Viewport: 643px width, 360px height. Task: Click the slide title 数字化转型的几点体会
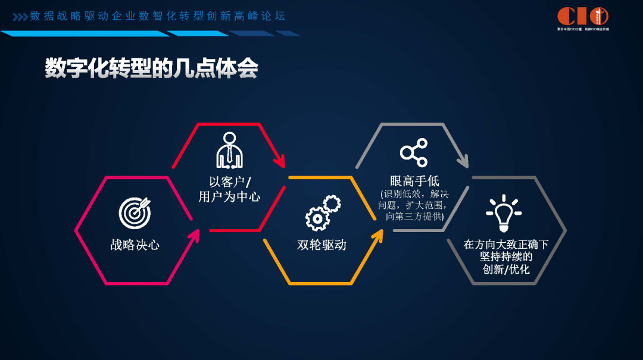coord(151,68)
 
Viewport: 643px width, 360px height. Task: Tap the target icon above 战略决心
coord(135,213)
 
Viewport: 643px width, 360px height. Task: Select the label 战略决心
coord(135,245)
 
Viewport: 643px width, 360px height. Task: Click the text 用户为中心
coord(229,197)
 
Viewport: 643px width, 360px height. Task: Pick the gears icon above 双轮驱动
coord(322,212)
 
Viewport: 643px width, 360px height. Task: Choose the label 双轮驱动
coord(321,245)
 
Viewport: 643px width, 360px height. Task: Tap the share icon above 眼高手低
coord(414,152)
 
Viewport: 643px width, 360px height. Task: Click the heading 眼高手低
coord(414,181)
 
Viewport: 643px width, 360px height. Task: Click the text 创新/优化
coord(506,270)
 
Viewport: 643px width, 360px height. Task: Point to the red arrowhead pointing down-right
coord(278,159)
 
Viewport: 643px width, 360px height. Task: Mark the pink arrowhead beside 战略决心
coord(192,237)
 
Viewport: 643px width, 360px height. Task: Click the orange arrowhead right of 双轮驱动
coord(376,236)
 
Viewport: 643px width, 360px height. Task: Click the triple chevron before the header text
coord(20,17)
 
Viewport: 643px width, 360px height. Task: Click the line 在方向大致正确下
coord(506,244)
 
